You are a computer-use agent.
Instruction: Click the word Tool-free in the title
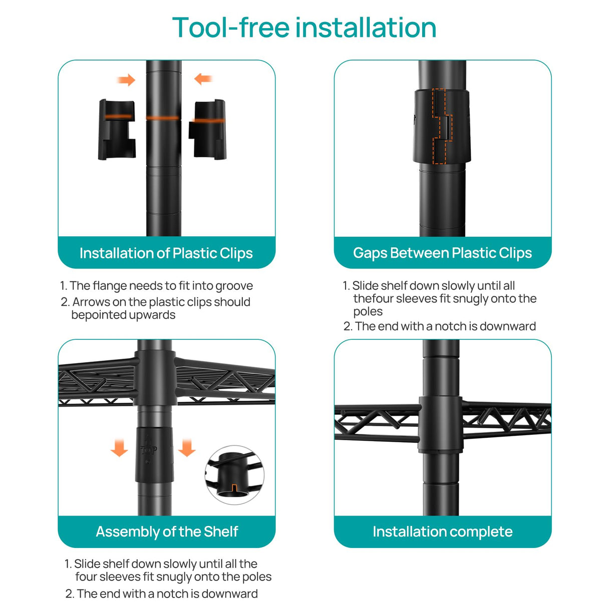pyautogui.click(x=231, y=28)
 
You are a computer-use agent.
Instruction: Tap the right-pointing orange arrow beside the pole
pyautogui.click(x=126, y=80)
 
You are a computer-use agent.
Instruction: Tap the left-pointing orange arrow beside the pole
pyautogui.click(x=203, y=79)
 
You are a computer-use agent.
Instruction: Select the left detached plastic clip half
pyautogui.click(x=117, y=129)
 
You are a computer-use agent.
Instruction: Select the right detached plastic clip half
pyautogui.click(x=208, y=129)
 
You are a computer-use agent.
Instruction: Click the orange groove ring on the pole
pyautogui.click(x=163, y=118)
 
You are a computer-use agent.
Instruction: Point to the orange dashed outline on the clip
pyautogui.click(x=442, y=126)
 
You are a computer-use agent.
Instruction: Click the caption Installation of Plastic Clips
pyautogui.click(x=166, y=253)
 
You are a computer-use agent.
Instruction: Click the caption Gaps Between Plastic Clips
pyautogui.click(x=442, y=253)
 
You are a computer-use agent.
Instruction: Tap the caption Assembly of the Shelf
pyautogui.click(x=167, y=531)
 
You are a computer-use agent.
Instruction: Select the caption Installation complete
pyautogui.click(x=442, y=531)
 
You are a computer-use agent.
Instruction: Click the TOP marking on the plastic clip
pyautogui.click(x=148, y=450)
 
